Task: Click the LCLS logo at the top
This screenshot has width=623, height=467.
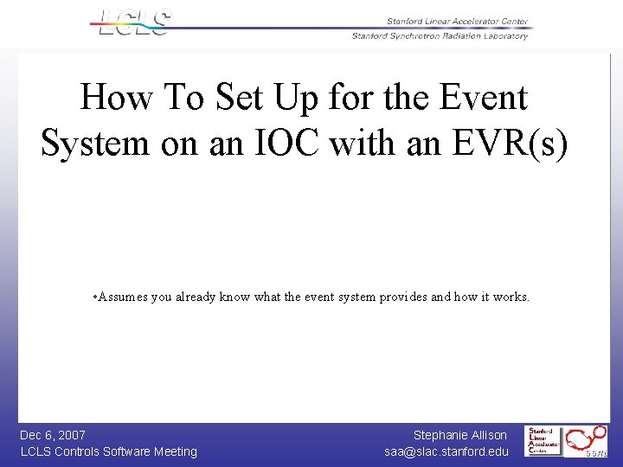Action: tap(132, 22)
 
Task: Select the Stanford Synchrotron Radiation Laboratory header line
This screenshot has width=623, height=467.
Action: tap(440, 36)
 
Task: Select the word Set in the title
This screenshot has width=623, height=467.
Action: tap(244, 98)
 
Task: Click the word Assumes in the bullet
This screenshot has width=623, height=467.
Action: tap(123, 297)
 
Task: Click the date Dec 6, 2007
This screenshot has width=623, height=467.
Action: tap(53, 435)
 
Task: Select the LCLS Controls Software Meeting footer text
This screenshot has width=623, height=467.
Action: tap(108, 451)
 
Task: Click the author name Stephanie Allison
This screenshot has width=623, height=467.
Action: tap(459, 435)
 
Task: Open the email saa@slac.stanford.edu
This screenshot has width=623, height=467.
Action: tap(446, 451)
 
